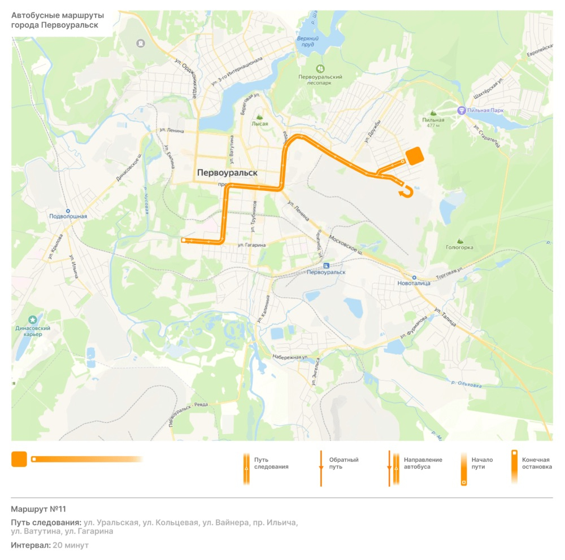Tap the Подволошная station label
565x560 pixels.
pyautogui.click(x=68, y=216)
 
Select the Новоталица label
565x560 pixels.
pyautogui.click(x=414, y=283)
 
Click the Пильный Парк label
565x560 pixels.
pyautogui.click(x=484, y=111)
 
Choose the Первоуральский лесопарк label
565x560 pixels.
pyautogui.click(x=320, y=80)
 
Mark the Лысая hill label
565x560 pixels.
pyautogui.click(x=260, y=124)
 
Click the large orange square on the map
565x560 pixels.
pyautogui.click(x=415, y=156)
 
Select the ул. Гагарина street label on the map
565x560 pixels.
pyautogui.click(x=251, y=245)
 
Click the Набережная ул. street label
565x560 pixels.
pyautogui.click(x=290, y=357)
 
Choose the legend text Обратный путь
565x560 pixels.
pyautogui.click(x=344, y=463)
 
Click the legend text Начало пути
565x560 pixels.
pyautogui.click(x=482, y=463)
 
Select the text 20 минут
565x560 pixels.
pyautogui.click(x=71, y=545)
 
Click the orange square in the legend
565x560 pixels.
pyautogui.click(x=19, y=460)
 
